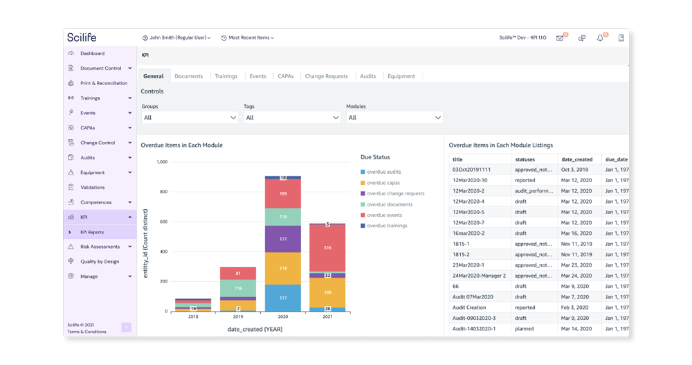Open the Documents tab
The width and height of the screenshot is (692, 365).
tap(188, 76)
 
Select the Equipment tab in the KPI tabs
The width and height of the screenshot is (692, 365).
tap(401, 76)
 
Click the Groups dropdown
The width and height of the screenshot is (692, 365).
tap(190, 118)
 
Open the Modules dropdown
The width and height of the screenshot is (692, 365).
tap(394, 118)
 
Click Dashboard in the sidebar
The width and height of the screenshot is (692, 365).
tap(92, 53)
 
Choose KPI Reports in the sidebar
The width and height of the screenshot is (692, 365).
tap(92, 232)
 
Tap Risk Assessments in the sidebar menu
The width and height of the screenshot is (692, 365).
tap(100, 247)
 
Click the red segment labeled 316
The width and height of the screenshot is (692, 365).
tap(328, 247)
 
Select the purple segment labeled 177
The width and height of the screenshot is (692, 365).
tap(283, 239)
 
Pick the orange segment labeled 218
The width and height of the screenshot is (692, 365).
tap(283, 268)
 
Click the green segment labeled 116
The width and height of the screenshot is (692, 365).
tap(238, 288)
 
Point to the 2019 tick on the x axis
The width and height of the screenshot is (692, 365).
tap(238, 317)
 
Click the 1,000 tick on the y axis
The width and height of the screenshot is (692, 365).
tap(162, 162)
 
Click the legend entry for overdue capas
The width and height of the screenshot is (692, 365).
tap(383, 183)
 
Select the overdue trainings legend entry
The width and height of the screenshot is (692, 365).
tap(387, 226)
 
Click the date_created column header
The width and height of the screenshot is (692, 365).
tap(576, 159)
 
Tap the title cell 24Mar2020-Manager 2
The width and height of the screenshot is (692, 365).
tap(479, 276)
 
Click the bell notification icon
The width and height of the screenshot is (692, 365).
tap(600, 38)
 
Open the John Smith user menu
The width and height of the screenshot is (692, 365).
tap(176, 38)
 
